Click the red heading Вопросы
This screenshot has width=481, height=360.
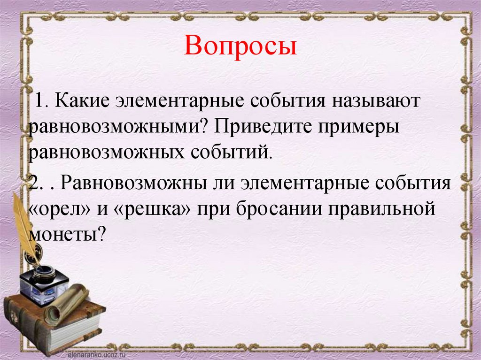coord(240,47)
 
